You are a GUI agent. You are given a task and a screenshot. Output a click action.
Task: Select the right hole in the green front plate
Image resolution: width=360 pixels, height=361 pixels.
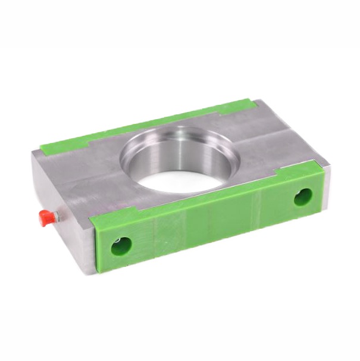point(303,197)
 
